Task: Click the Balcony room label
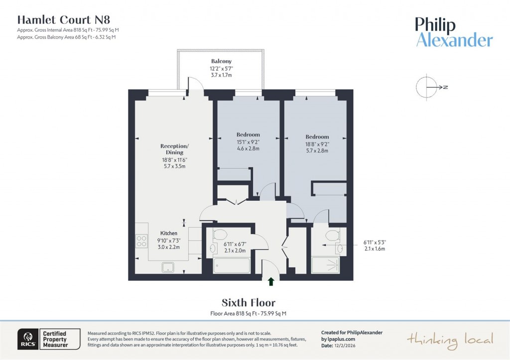(222, 61)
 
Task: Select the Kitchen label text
(168, 233)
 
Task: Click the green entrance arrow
(271, 282)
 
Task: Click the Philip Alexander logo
(454, 32)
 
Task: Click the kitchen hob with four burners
(141, 241)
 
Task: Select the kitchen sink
(169, 267)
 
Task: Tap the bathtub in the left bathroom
(232, 266)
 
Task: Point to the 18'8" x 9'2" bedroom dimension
(317, 144)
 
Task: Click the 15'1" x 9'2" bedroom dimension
(248, 141)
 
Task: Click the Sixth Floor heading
(248, 303)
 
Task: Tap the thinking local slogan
(450, 340)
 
